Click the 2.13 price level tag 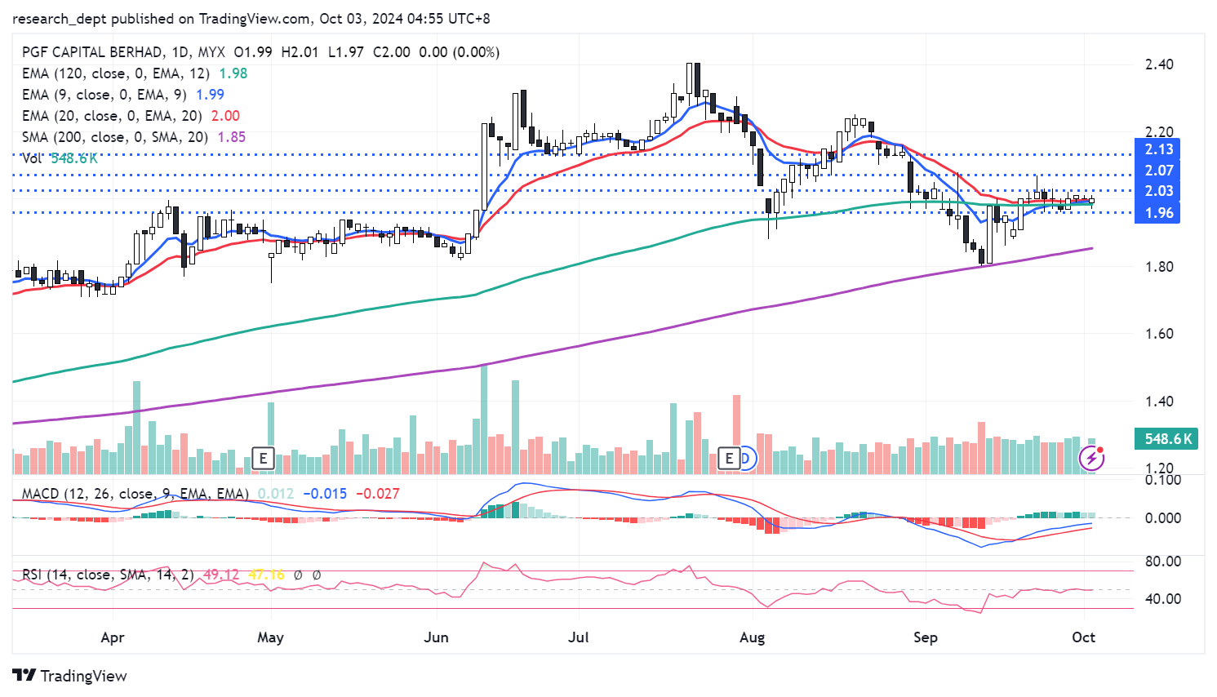pos(1158,149)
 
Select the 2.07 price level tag pos(1158,171)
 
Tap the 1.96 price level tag pos(1158,213)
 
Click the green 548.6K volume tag pos(1168,439)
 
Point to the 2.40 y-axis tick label pos(1159,64)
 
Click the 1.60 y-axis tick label pos(1159,334)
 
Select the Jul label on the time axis pos(578,637)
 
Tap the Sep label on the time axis pos(925,637)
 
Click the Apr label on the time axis pos(113,637)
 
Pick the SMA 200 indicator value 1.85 pos(232,137)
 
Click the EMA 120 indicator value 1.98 pos(233,73)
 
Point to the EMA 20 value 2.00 pos(225,116)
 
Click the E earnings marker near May pos(263,459)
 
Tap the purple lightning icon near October pos(1091,458)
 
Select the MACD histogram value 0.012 pos(276,494)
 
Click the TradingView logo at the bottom pos(70,676)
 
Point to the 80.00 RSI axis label pos(1163,562)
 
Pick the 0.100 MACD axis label pos(1163,479)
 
